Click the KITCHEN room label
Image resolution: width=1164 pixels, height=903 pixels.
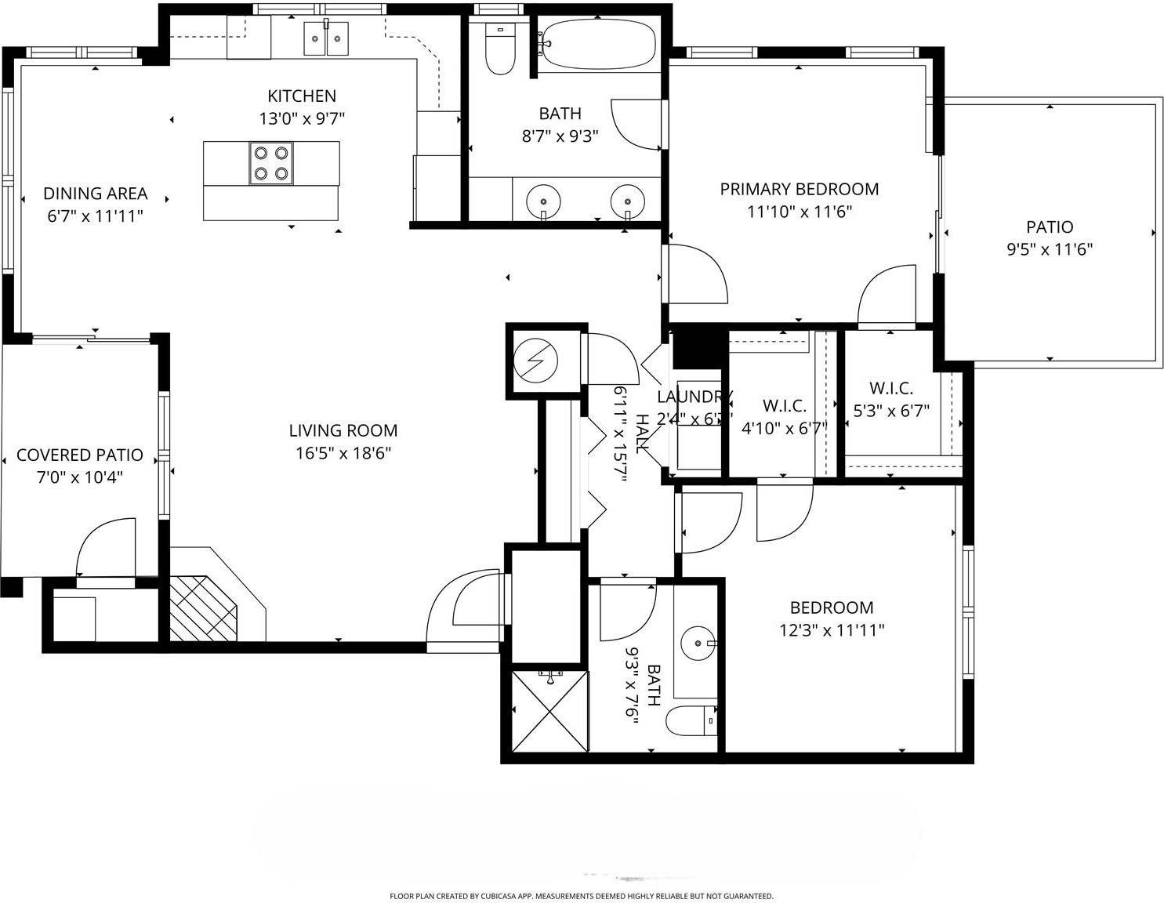302,96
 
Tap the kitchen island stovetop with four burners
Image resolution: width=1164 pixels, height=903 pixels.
271,163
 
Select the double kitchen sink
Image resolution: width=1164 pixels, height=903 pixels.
326,38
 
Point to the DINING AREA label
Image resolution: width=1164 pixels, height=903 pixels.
95,194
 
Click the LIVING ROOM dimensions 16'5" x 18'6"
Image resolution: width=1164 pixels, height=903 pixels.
343,453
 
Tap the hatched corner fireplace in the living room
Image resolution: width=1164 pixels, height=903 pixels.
202,608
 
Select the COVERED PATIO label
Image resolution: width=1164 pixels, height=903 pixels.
80,455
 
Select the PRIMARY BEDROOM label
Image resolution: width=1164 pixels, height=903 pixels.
799,189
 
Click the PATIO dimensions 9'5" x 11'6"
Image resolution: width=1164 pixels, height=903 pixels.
1050,250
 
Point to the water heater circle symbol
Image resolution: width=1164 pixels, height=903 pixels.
536,361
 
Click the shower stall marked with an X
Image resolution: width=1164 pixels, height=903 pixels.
549,711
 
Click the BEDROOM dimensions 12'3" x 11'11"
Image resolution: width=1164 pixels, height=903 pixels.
831,629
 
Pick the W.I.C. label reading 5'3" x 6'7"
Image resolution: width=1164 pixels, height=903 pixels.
891,411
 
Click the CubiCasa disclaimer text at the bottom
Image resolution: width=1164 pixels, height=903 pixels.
581,896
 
